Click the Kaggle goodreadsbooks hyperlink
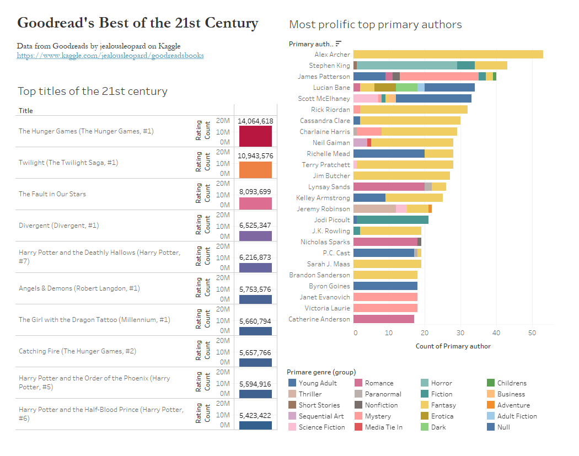[x=110, y=56]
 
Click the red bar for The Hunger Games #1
[x=255, y=136]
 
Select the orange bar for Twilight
[x=255, y=169]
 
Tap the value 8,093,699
[x=255, y=192]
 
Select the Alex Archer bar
[x=448, y=55]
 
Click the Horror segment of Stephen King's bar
[x=407, y=66]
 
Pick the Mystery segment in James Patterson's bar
[x=439, y=77]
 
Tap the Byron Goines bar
[x=385, y=286]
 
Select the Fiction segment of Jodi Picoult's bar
[x=393, y=220]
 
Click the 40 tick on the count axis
[x=496, y=333]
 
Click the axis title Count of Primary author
[x=453, y=346]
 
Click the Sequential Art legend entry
[x=321, y=416]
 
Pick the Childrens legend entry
[x=511, y=383]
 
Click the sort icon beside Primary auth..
[x=339, y=44]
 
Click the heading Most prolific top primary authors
[x=375, y=24]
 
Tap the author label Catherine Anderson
[x=319, y=319]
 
